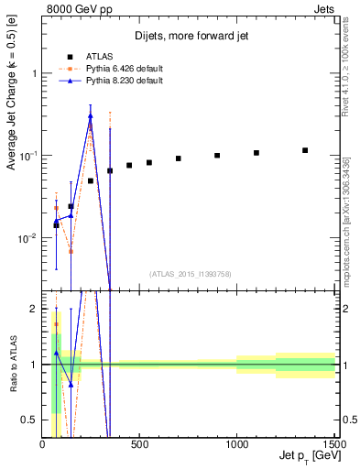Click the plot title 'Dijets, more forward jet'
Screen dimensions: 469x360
189,36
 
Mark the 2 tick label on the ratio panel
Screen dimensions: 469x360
33,310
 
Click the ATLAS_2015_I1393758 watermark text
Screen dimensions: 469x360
189,273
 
